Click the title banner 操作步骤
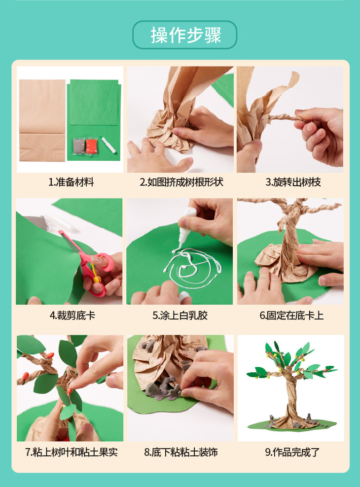185,35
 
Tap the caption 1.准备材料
71,182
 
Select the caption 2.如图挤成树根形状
181,182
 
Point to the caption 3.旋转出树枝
293,182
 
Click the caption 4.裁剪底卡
72,315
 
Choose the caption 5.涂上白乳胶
180,315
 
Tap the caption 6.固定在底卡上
291,315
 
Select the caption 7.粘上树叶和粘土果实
71,452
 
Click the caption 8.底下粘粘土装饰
180,452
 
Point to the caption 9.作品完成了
292,452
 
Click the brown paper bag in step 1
42,120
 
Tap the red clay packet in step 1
91,146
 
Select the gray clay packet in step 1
78,146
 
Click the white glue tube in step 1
108,145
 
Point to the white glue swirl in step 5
193,267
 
